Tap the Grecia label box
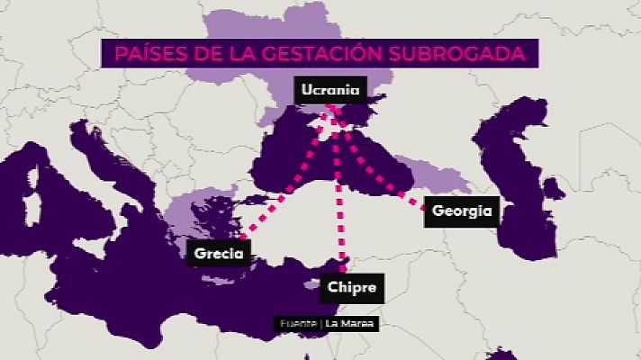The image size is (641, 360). pyautogui.click(x=219, y=254)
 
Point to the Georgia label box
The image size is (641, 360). pyautogui.click(x=461, y=211)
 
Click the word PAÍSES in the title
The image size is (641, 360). pyautogui.click(x=147, y=54)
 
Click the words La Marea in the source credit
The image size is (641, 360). pyautogui.click(x=351, y=324)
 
